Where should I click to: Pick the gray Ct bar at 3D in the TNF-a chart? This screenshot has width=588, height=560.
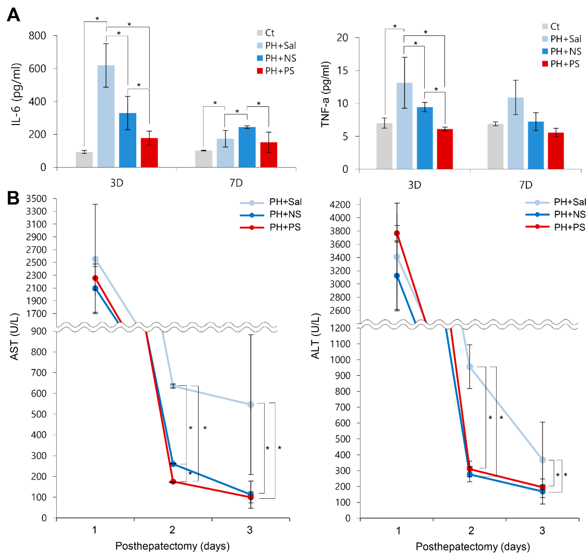(x=384, y=146)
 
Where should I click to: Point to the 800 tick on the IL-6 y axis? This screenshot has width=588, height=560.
(x=37, y=36)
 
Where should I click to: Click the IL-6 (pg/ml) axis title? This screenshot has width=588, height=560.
(x=16, y=94)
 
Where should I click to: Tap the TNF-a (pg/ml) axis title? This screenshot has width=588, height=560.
(x=326, y=94)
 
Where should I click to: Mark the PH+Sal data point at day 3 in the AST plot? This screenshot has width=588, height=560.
(x=251, y=404)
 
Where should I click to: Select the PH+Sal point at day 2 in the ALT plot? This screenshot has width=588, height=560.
(x=470, y=367)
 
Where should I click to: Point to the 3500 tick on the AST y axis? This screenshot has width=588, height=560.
(x=36, y=198)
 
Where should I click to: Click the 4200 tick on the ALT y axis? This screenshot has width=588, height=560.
(x=340, y=205)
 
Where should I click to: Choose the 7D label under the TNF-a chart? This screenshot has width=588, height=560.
(x=526, y=185)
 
